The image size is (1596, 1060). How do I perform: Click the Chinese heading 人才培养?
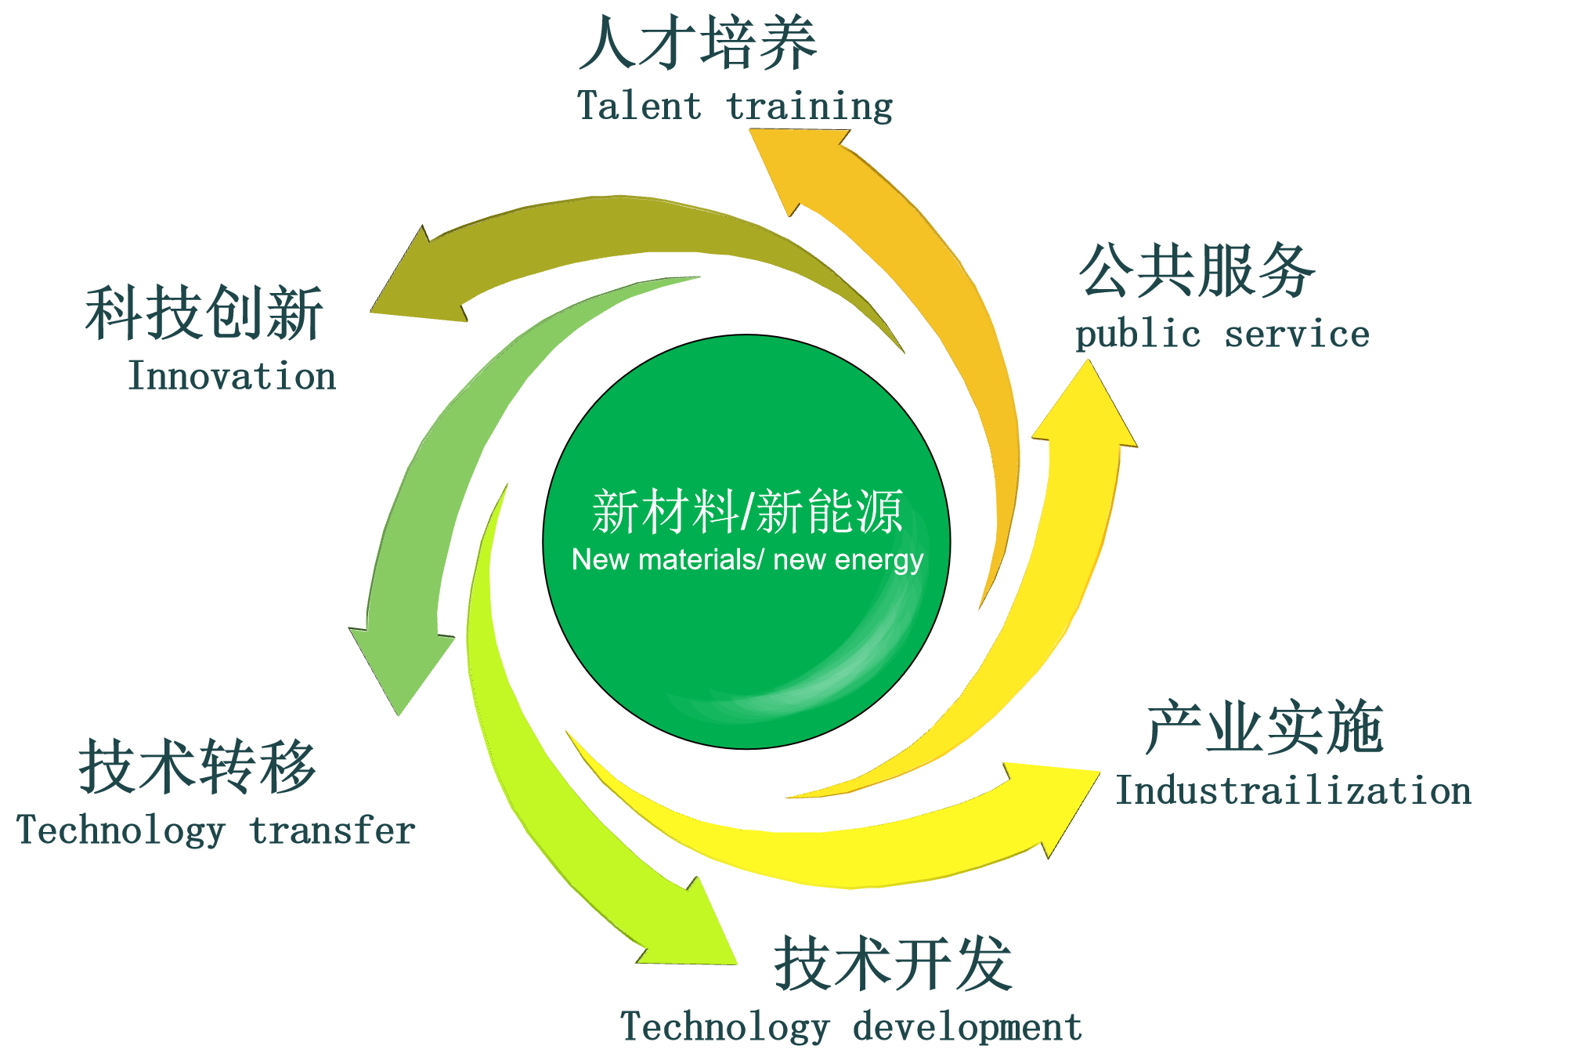pyautogui.click(x=698, y=43)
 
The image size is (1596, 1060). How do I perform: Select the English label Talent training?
pyautogui.click(x=735, y=107)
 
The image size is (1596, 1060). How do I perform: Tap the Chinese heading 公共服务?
pyautogui.click(x=1197, y=270)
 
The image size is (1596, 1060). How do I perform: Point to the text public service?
pyautogui.click(x=1222, y=335)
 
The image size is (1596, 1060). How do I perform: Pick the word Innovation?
pyautogui.click(x=232, y=376)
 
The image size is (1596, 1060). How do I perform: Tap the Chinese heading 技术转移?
pyautogui.click(x=197, y=767)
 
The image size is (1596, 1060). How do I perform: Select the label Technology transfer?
pyautogui.click(x=215, y=831)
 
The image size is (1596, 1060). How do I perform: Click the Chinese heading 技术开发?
pyautogui.click(x=894, y=964)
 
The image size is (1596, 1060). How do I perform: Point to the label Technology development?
pyautogui.click(x=851, y=1027)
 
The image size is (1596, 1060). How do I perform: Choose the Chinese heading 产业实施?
pyautogui.click(x=1265, y=728)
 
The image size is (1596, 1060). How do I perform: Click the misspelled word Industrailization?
pyautogui.click(x=1293, y=790)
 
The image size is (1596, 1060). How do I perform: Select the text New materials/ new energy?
pyautogui.click(x=747, y=559)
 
